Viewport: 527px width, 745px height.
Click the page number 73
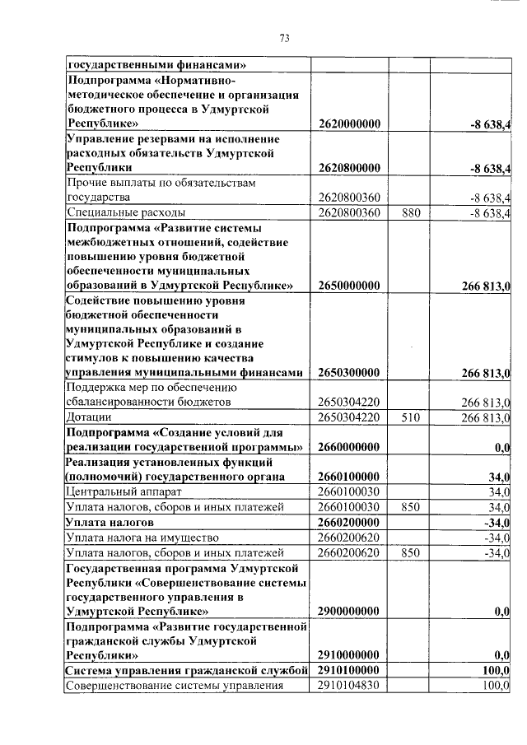(285, 38)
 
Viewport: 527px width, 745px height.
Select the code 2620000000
(348, 123)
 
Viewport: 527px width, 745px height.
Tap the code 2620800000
(348, 168)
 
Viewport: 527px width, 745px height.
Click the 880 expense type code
(411, 213)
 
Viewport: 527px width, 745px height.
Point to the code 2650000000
(348, 286)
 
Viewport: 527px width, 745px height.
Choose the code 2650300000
(348, 373)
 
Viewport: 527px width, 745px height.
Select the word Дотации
(89, 417)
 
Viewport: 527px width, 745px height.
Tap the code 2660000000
(348, 447)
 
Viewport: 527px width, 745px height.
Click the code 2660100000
(348, 477)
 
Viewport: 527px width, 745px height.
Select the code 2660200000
(348, 522)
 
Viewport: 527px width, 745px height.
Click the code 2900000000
(348, 612)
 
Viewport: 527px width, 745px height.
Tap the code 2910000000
(348, 655)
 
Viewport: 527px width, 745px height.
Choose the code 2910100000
(348, 671)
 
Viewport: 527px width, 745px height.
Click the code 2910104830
(348, 686)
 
